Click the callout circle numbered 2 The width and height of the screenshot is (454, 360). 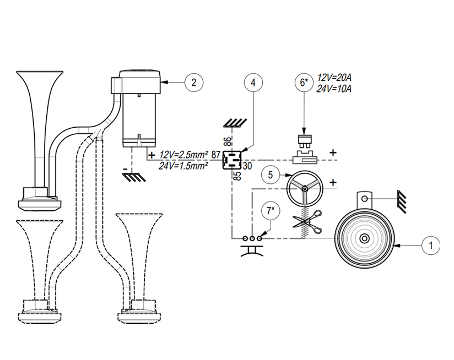coord(192,83)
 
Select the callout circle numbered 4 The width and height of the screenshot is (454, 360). coord(252,83)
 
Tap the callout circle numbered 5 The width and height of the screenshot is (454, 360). coord(271,175)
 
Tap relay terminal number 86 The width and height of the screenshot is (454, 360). coord(228,141)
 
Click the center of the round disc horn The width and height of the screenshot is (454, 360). coord(364,239)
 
